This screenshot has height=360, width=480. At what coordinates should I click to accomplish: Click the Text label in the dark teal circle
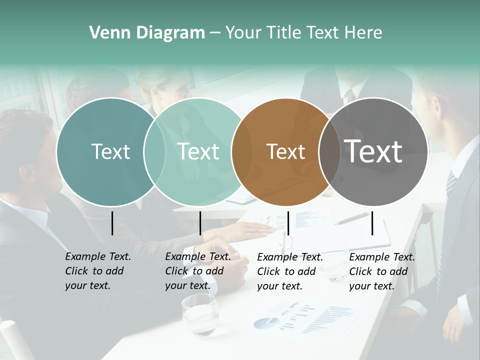click(110, 151)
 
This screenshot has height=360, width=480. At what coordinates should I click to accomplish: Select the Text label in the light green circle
click(198, 151)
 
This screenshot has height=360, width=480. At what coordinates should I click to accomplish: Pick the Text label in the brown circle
click(285, 151)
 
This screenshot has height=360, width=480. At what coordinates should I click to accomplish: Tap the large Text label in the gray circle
click(373, 151)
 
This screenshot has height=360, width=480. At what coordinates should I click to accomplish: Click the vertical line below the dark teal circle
click(112, 223)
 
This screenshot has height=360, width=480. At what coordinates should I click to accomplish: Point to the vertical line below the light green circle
click(200, 223)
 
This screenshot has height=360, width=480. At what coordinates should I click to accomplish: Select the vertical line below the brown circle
click(288, 223)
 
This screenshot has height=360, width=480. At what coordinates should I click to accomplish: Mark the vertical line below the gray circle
click(372, 223)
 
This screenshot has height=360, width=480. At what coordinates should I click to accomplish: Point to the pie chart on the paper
click(266, 322)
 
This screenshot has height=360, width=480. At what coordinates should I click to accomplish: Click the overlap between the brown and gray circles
click(327, 152)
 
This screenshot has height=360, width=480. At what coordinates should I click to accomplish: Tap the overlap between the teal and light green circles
click(154, 152)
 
